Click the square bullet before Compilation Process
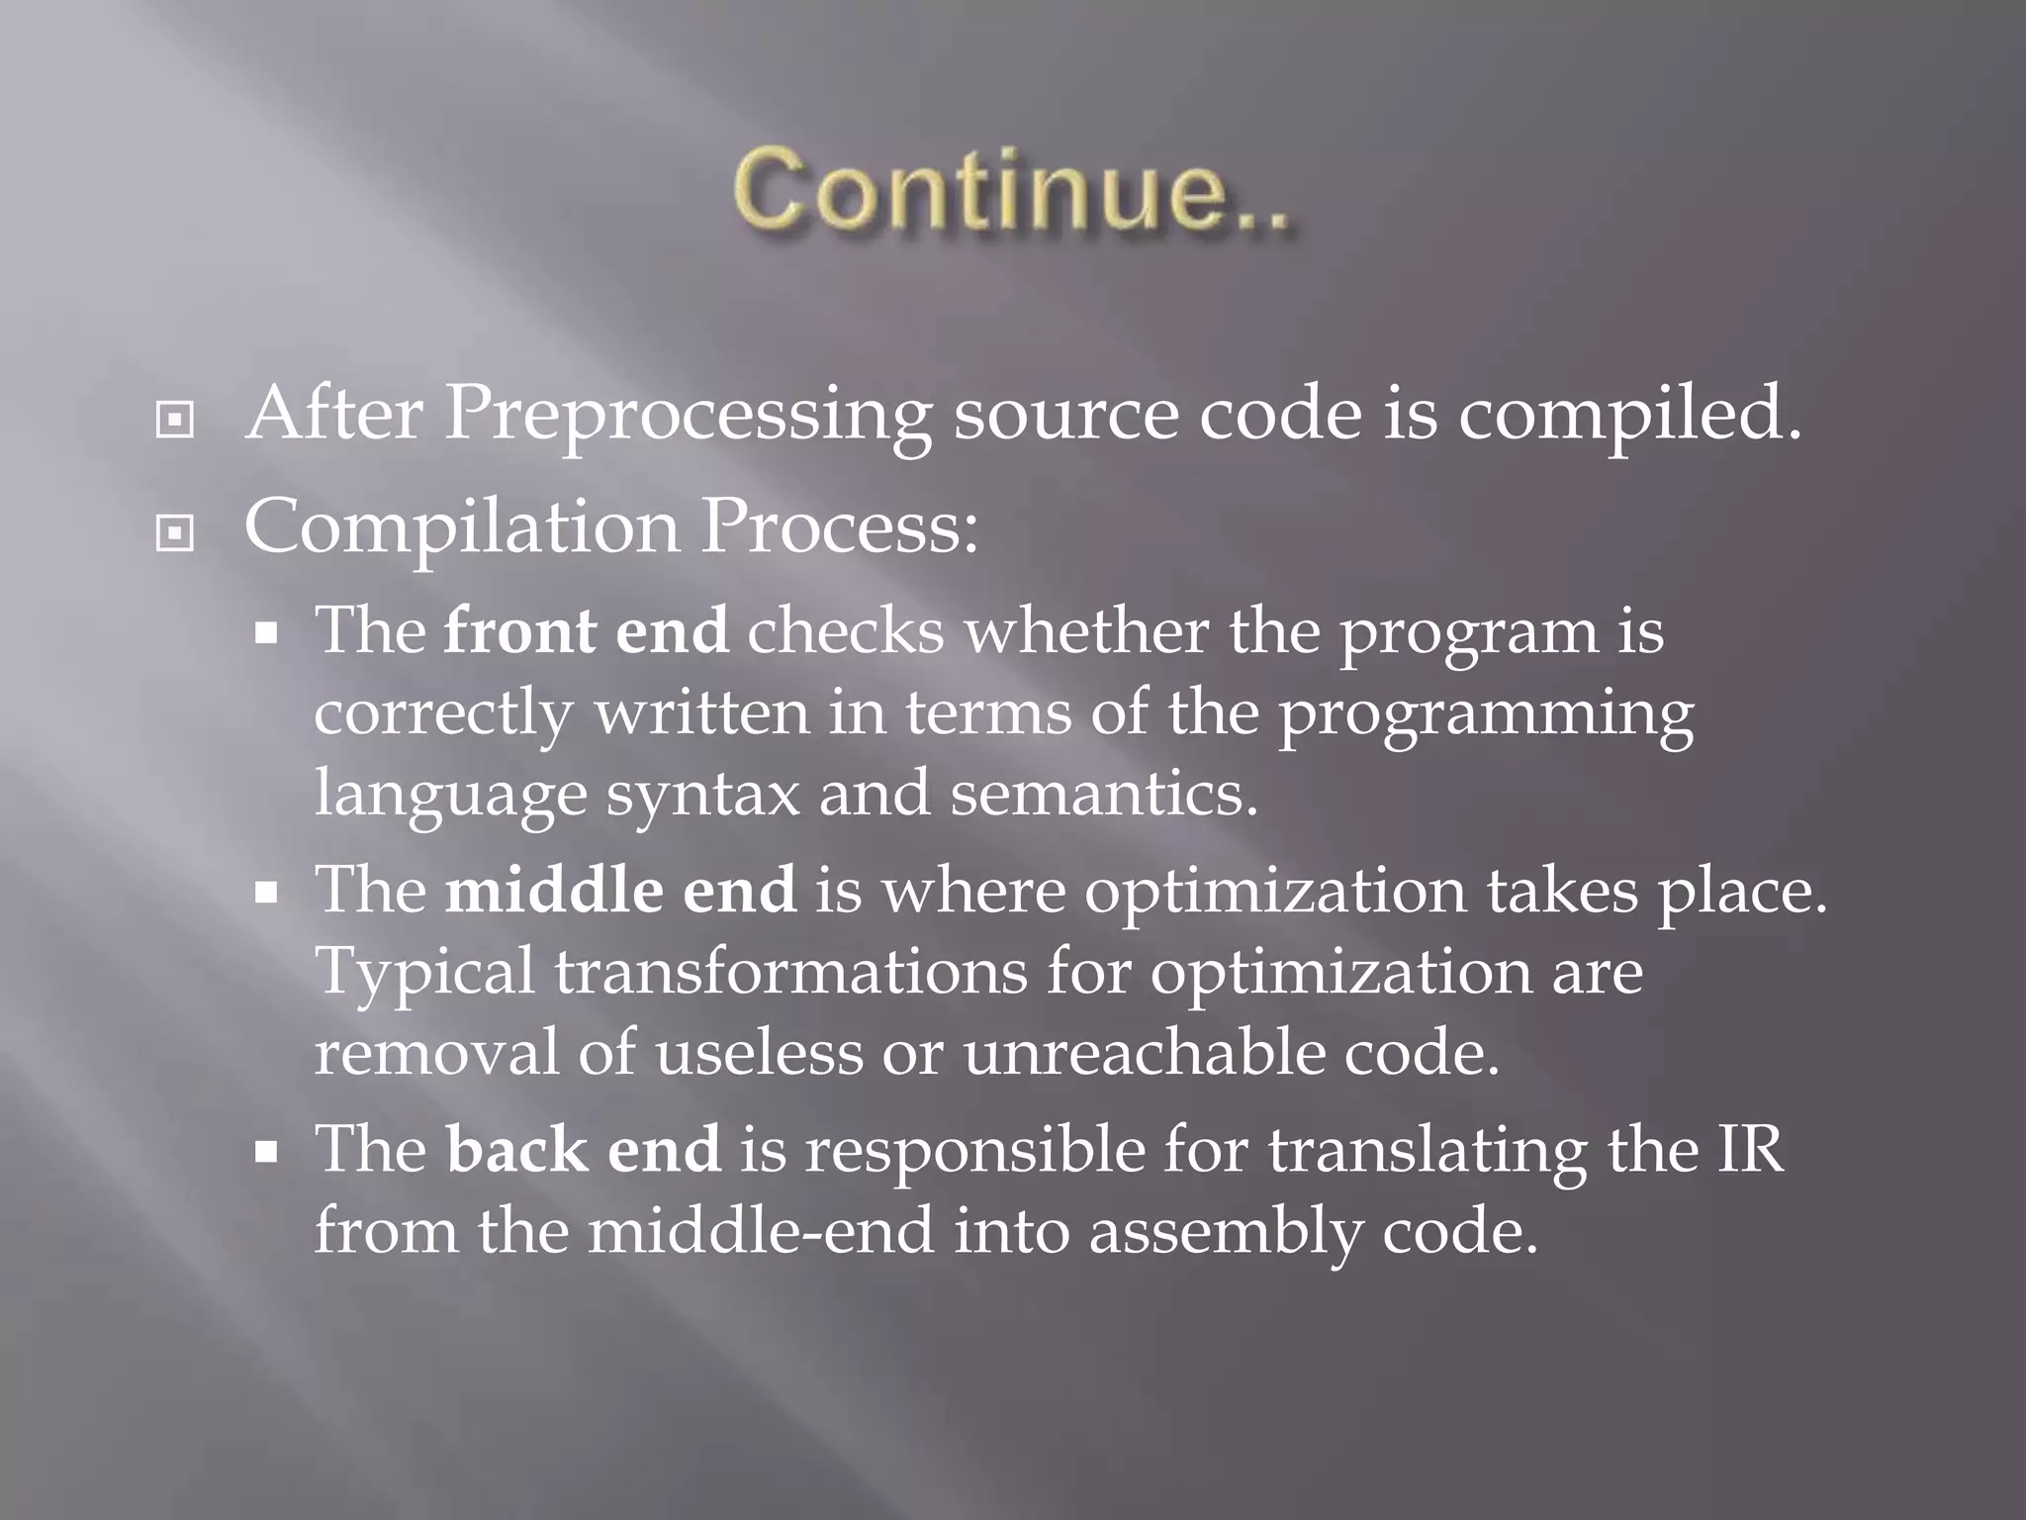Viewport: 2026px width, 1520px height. click(x=175, y=534)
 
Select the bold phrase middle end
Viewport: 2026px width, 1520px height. click(x=620, y=890)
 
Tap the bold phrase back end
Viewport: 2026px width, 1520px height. click(x=584, y=1150)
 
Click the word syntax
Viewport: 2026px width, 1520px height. click(x=701, y=796)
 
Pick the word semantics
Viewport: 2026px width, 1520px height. click(x=1103, y=794)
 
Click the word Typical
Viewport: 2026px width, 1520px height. click(x=425, y=973)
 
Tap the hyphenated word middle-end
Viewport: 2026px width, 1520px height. click(x=761, y=1232)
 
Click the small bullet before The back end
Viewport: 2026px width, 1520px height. click(x=266, y=1152)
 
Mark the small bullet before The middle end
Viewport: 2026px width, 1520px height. click(x=266, y=893)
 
